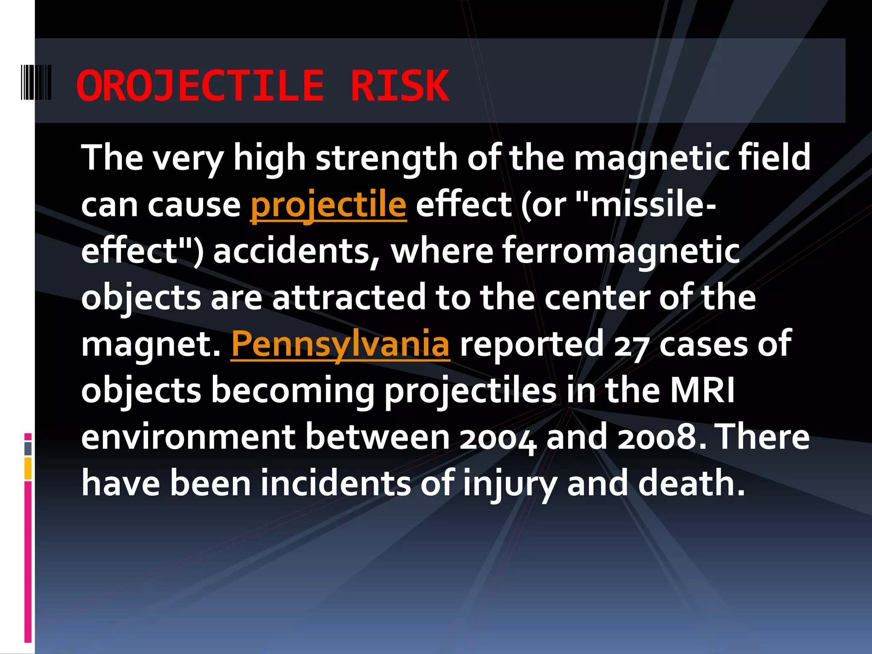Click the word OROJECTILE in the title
click(x=200, y=86)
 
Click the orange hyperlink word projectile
click(x=328, y=205)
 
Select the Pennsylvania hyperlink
click(x=340, y=344)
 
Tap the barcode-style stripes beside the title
click(x=36, y=82)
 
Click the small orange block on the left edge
click(x=28, y=468)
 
